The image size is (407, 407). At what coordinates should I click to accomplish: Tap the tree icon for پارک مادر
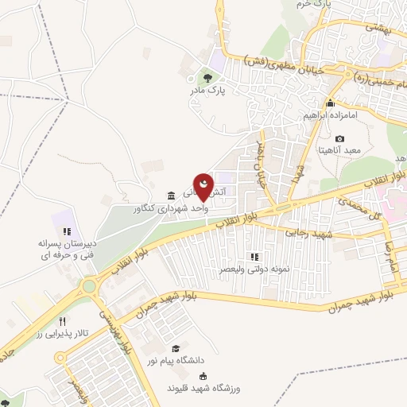click(207, 78)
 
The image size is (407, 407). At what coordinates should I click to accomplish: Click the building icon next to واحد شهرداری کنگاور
click(172, 196)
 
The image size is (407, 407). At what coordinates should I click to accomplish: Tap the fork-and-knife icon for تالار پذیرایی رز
click(62, 321)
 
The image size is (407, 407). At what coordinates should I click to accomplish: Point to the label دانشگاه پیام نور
click(188, 361)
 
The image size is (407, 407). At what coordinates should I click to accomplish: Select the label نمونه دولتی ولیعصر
click(253, 269)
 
